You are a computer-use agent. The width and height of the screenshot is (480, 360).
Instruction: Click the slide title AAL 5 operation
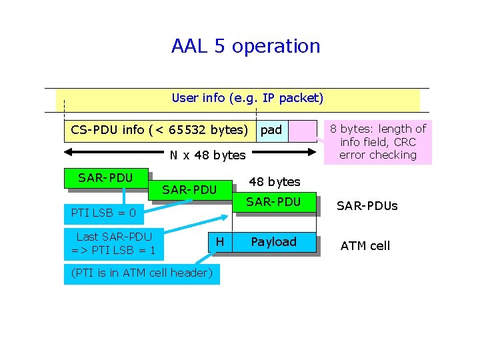click(x=245, y=46)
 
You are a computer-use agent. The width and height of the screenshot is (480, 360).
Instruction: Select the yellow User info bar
click(x=247, y=99)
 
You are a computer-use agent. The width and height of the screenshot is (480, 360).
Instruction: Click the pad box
click(x=271, y=129)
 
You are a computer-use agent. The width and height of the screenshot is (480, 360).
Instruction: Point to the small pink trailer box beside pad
click(x=302, y=130)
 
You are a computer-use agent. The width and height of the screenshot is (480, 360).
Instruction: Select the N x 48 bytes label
click(x=207, y=155)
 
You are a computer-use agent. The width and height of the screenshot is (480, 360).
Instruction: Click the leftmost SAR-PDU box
click(x=105, y=178)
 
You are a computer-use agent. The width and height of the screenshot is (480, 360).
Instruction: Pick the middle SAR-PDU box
click(x=189, y=190)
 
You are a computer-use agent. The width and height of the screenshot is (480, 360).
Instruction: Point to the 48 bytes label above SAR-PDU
click(x=274, y=181)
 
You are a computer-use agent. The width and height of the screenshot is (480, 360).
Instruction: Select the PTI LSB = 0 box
click(x=104, y=214)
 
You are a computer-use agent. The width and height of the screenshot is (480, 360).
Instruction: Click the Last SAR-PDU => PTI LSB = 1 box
click(x=114, y=243)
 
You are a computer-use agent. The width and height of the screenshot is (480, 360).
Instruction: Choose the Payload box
click(x=273, y=242)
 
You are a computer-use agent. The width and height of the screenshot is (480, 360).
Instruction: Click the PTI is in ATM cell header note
click(x=141, y=273)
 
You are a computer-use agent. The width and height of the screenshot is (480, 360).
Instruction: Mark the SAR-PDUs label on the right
click(x=367, y=206)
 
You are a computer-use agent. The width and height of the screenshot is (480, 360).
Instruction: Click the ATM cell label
click(x=365, y=246)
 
